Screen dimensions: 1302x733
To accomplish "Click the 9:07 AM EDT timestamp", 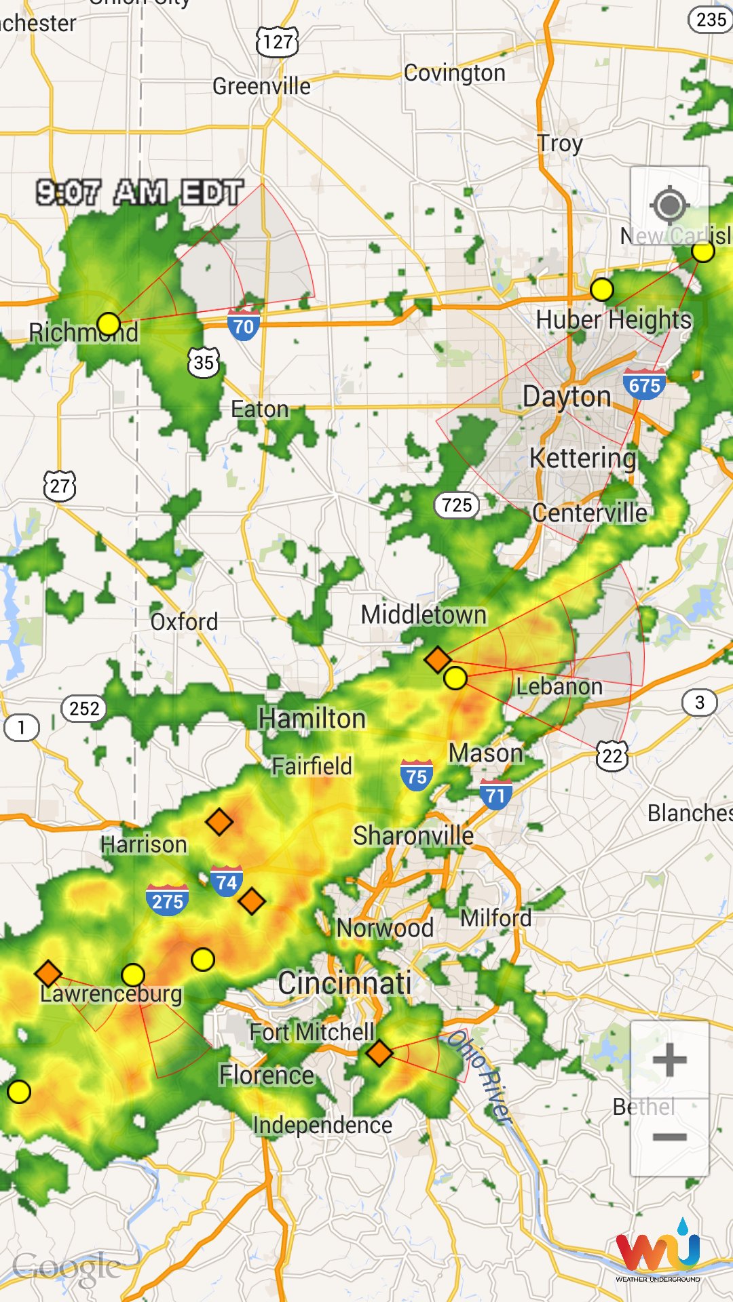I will point(139,193).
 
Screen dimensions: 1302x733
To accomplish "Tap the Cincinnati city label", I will point(344,983).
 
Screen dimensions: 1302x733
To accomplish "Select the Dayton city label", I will point(567,397).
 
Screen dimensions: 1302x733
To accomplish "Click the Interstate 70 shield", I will point(243,326).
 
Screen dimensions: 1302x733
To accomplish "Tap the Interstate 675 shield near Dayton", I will point(644,384).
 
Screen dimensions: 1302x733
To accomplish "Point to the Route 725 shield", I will point(457,505).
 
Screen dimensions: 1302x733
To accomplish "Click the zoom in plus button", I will point(669,1060).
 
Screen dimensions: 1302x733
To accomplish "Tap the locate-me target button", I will point(669,205).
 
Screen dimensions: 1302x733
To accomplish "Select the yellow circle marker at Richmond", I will point(109,324).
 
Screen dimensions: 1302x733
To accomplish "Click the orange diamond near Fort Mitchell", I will point(379,1053).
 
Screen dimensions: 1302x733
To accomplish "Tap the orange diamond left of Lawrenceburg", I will point(48,974).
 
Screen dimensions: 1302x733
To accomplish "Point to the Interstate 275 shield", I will point(167,901).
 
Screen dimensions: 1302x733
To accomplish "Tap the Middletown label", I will point(424,615).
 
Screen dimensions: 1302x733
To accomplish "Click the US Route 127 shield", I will point(278,42).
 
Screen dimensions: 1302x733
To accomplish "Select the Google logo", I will point(67,1267).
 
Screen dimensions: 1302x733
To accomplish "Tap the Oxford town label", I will point(184,622).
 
